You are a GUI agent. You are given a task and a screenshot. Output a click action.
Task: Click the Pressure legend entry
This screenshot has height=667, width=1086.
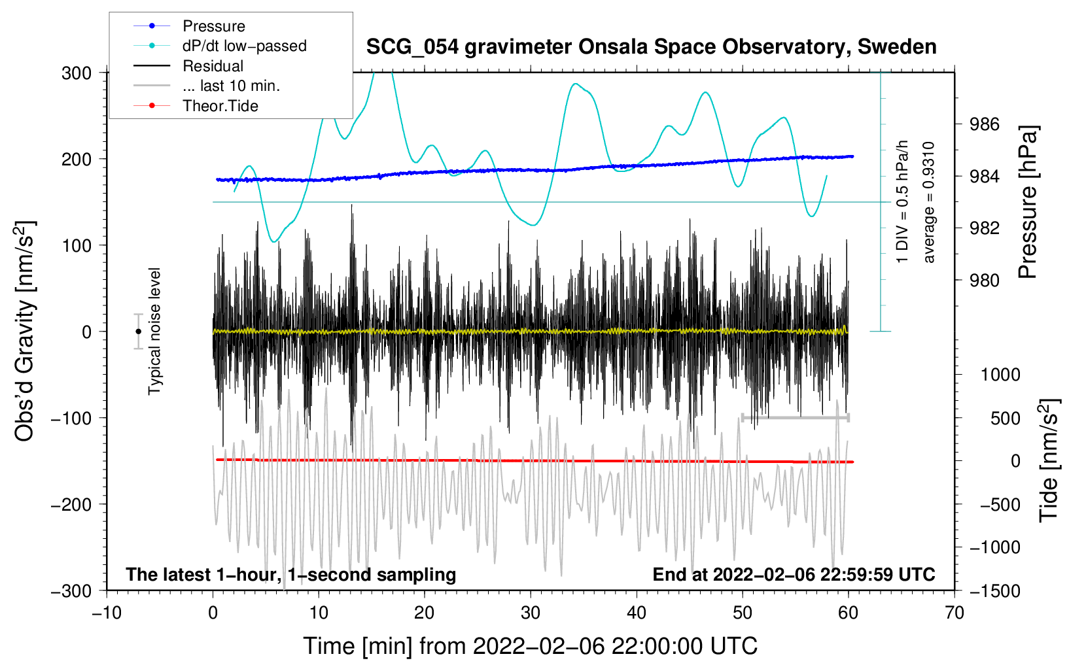click(190, 26)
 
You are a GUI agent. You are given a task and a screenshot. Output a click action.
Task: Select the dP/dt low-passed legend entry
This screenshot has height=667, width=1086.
click(220, 46)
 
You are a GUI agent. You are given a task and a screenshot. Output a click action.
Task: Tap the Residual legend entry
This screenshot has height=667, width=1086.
click(188, 66)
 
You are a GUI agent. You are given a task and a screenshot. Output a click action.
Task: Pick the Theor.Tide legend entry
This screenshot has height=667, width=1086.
click(196, 106)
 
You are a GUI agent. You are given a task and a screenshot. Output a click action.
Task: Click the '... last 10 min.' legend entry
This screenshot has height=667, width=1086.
click(207, 86)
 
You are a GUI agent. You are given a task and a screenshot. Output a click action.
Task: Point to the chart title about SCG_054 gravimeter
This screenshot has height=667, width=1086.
click(651, 47)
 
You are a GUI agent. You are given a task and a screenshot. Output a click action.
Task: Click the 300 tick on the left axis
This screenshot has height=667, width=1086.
click(77, 73)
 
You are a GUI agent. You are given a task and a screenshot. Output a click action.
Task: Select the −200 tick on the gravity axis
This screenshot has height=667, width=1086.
click(71, 505)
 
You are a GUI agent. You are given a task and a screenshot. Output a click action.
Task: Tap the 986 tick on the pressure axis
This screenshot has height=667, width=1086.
click(984, 125)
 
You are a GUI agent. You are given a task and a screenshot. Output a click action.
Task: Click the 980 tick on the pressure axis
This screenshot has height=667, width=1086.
click(984, 280)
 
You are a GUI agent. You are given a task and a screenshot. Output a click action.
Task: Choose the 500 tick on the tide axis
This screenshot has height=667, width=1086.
click(1005, 418)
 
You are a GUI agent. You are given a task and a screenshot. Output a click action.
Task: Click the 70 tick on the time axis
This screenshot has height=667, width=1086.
click(954, 613)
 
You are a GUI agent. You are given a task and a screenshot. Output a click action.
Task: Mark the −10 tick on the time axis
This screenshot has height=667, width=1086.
click(107, 613)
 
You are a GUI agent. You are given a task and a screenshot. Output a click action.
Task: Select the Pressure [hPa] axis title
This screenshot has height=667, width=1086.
click(1028, 202)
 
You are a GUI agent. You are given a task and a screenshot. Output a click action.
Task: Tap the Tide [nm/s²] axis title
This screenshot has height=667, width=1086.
click(1049, 460)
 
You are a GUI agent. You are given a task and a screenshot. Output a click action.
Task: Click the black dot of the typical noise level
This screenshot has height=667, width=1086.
click(138, 332)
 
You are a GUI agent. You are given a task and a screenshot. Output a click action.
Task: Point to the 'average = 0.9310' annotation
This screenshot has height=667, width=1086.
click(928, 202)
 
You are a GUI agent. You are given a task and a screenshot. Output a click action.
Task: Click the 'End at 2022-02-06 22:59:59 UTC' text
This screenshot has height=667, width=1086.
click(794, 574)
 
